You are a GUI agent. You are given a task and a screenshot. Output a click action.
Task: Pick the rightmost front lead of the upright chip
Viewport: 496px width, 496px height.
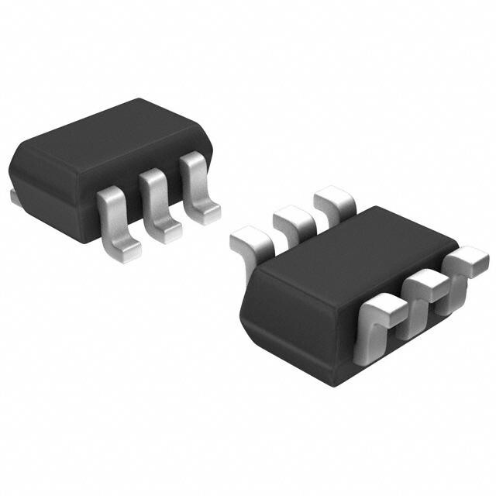tap(195, 182)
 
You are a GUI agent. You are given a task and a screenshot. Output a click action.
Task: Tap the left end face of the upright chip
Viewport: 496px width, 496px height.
tap(31, 178)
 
